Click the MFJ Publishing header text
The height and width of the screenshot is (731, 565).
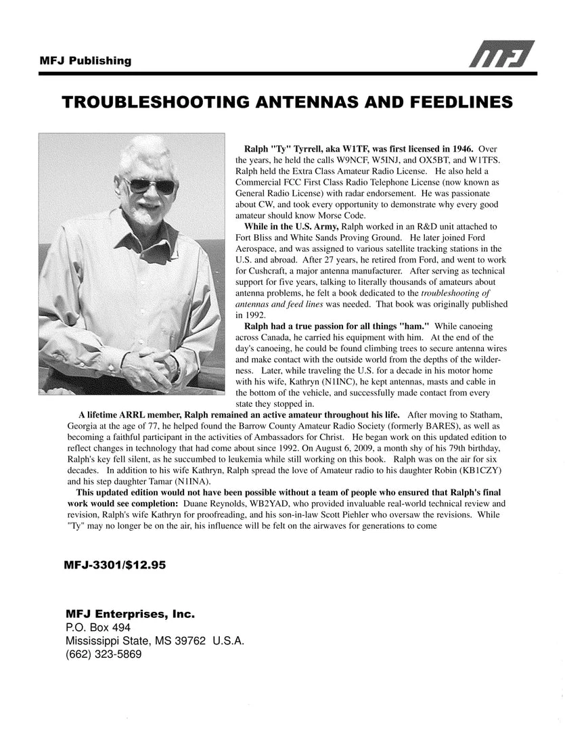[85, 61]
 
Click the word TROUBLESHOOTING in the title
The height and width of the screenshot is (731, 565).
[158, 102]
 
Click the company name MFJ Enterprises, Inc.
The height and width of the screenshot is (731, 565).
[130, 615]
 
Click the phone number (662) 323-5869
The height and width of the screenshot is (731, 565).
[104, 655]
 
